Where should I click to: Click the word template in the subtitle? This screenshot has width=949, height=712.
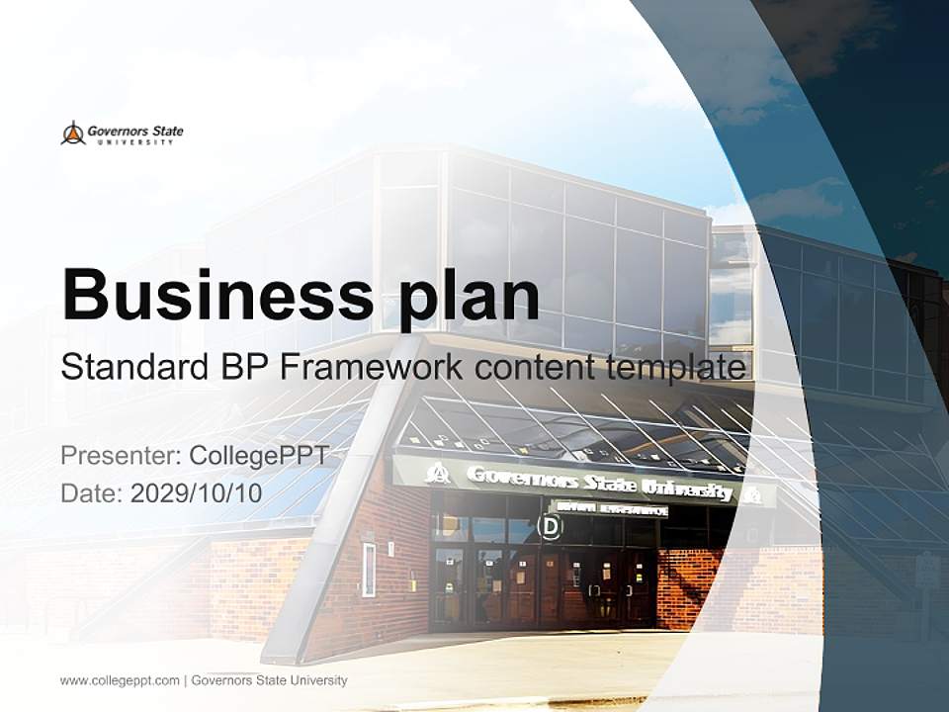pyautogui.click(x=679, y=368)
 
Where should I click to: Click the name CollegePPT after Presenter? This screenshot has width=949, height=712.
pyautogui.click(x=258, y=456)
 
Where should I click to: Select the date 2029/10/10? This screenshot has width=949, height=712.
pyautogui.click(x=197, y=493)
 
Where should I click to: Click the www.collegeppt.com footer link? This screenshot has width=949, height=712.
pyautogui.click(x=120, y=680)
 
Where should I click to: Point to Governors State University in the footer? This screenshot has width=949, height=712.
pyautogui.click(x=269, y=680)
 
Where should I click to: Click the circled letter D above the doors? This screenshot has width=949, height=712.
pyautogui.click(x=549, y=526)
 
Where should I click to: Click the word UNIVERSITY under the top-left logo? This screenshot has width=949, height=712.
pyautogui.click(x=133, y=142)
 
